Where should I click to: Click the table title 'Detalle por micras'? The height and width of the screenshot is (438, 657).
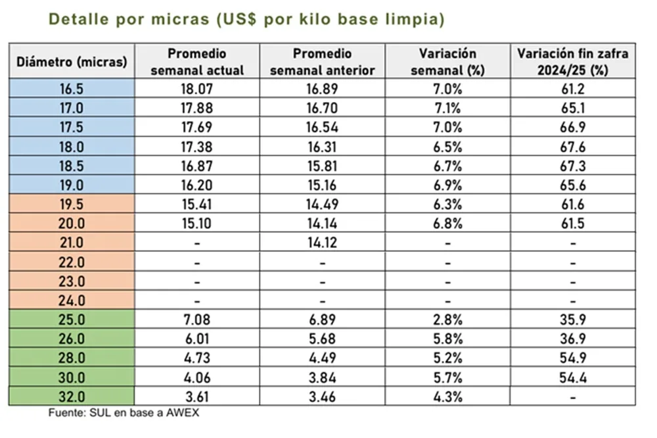246,20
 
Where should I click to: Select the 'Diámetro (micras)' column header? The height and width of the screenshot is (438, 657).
72,62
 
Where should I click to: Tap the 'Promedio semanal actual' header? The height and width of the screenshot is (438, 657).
197,62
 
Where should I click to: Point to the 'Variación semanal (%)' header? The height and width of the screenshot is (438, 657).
447,62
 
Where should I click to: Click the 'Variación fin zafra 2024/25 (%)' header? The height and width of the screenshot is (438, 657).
572,62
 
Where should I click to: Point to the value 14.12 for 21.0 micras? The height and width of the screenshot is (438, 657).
322,243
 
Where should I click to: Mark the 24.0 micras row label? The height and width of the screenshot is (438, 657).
72,301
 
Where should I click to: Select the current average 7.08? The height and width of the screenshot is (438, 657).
197,320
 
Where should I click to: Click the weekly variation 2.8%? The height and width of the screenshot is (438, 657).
447,320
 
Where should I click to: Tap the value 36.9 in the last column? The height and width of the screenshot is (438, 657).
572,339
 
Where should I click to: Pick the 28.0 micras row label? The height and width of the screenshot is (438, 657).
72,358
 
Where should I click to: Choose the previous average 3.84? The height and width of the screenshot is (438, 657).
322,377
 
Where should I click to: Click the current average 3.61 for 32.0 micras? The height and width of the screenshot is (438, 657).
197,397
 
